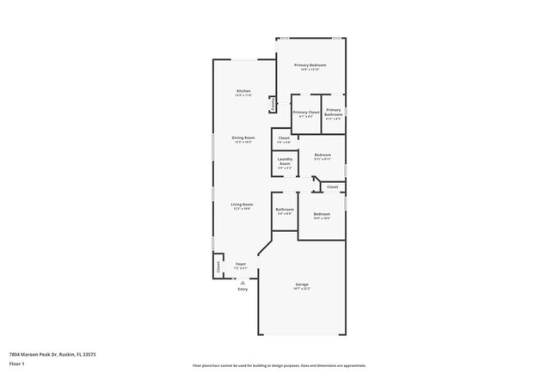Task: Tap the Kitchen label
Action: click(x=243, y=93)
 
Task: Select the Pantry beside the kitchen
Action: click(x=273, y=104)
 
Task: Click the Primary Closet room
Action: click(x=306, y=114)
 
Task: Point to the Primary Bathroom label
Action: click(x=333, y=113)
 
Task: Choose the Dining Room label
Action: click(x=243, y=139)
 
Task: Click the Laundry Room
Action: click(x=285, y=163)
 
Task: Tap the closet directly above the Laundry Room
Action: click(x=284, y=139)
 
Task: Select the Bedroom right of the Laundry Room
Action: click(x=322, y=156)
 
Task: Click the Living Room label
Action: click(x=242, y=205)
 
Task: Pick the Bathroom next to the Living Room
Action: click(x=285, y=211)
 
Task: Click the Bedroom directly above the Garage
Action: click(x=322, y=215)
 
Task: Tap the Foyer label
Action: click(x=242, y=266)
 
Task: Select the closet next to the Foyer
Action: click(x=218, y=266)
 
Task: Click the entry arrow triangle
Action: click(x=243, y=281)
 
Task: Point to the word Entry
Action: click(x=243, y=289)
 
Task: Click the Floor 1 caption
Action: click(x=16, y=364)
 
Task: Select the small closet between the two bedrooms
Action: click(x=332, y=186)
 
